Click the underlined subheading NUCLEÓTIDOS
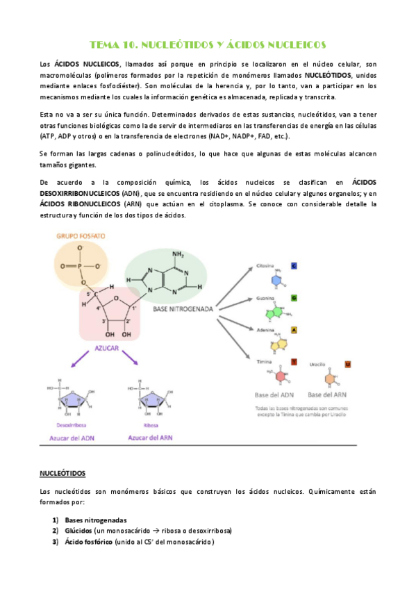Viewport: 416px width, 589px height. tap(62, 473)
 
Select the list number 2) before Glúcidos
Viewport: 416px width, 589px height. tap(54, 531)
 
